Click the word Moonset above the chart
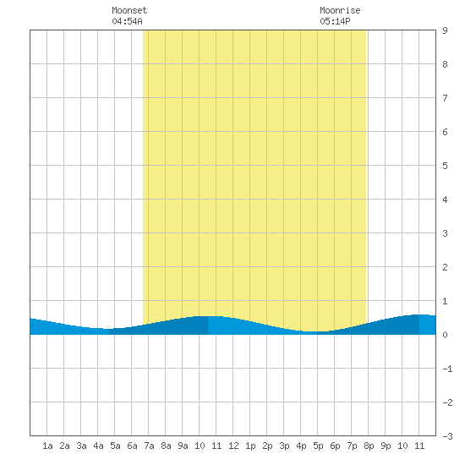[x=129, y=10]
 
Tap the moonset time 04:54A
[x=127, y=21]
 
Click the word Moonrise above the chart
[x=340, y=10]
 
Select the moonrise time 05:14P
[x=335, y=21]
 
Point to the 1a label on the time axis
[x=47, y=446]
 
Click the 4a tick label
[x=98, y=446]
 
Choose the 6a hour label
[x=132, y=446]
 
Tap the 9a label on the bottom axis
[x=183, y=446]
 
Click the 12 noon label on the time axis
[x=233, y=446]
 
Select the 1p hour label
[x=250, y=446]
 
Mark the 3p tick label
[x=284, y=446]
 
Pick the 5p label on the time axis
[x=318, y=446]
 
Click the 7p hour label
[x=352, y=446]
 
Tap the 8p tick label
[x=369, y=446]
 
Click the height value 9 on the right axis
[x=445, y=30]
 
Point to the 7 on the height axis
[x=445, y=98]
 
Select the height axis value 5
[x=445, y=166]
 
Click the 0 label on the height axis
[x=445, y=335]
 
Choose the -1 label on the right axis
[x=447, y=369]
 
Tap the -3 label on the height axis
[x=447, y=436]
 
